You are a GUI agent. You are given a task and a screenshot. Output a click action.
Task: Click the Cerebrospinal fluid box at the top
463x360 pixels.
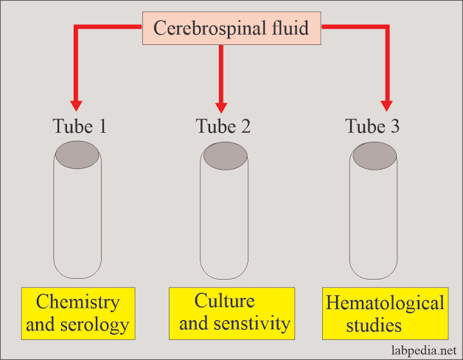coord(232,29)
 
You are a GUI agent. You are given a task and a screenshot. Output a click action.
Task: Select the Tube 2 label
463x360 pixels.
coord(223,126)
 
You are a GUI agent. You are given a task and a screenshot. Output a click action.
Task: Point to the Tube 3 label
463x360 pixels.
coord(373,126)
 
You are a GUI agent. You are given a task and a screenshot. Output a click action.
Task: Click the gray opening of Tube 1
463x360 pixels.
coord(77,156)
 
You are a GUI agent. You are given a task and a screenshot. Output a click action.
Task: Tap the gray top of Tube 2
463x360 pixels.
coord(225,156)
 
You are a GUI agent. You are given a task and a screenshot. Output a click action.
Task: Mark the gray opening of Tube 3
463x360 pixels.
coord(375,156)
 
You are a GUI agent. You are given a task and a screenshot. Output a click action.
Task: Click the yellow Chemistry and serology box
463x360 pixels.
coord(77,313)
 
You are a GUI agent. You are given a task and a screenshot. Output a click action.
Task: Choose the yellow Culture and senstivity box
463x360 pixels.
coord(231,312)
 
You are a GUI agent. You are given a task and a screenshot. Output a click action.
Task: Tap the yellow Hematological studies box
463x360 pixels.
coord(385,314)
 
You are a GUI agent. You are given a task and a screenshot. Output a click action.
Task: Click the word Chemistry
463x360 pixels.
coord(78,302)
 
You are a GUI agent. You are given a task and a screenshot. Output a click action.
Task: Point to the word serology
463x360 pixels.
coord(95,324)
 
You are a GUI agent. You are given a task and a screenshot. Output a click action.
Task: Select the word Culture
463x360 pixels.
coord(225,301)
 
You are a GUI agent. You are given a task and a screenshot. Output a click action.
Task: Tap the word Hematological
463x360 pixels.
coord(385,303)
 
